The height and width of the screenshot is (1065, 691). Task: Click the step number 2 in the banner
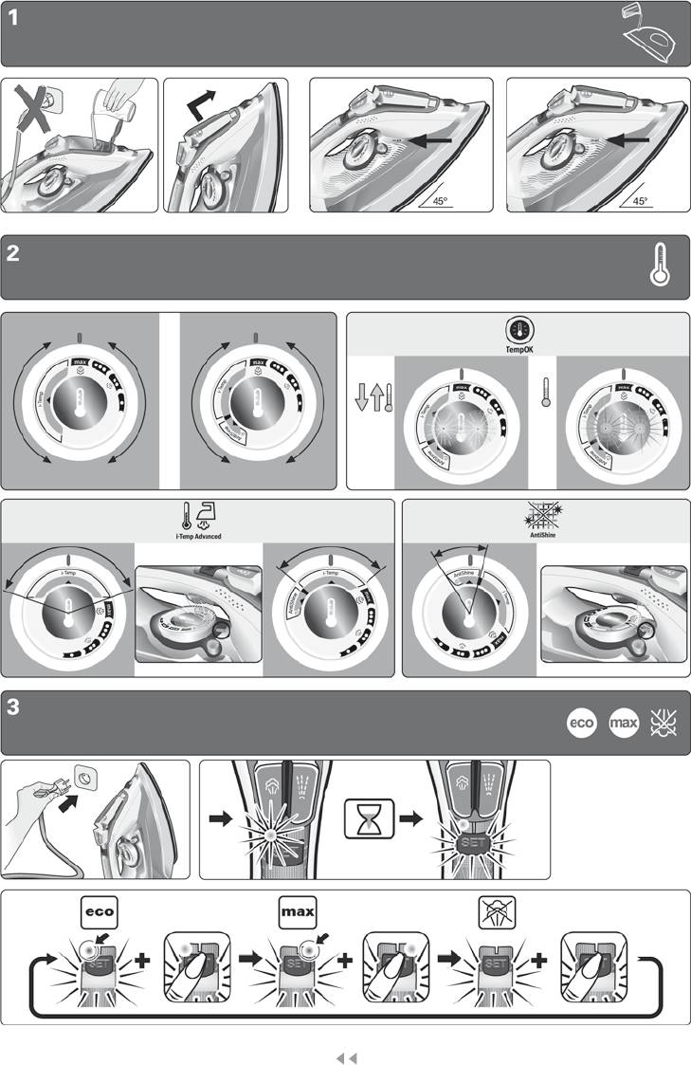(13, 253)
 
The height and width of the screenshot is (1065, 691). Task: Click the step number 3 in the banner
(13, 707)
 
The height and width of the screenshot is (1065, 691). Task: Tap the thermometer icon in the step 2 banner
(660, 265)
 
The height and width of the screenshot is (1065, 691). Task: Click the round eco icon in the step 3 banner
(579, 725)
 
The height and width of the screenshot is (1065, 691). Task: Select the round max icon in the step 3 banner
(623, 725)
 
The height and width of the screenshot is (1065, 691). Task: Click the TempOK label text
(518, 349)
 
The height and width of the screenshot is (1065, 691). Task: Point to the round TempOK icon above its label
(518, 330)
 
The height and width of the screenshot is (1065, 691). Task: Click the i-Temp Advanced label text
(198, 537)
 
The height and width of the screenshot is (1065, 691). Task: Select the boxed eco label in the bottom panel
(99, 912)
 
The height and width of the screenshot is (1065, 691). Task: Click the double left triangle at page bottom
(346, 1055)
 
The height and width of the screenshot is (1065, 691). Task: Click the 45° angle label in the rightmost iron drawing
(641, 201)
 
